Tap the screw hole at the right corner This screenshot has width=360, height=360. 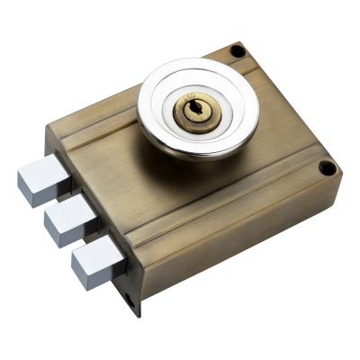328,168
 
